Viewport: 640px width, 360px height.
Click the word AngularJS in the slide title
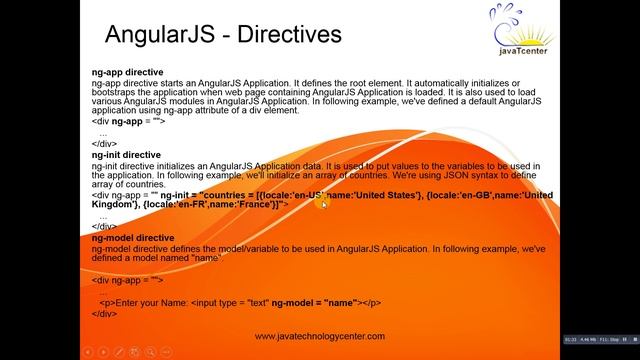tap(160, 35)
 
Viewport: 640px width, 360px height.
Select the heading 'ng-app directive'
tap(126, 73)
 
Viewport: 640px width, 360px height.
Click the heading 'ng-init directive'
tap(126, 155)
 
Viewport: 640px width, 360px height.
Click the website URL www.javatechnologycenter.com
tap(319, 337)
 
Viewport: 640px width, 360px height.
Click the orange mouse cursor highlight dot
tap(323, 204)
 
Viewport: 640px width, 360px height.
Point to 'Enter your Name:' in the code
tap(150, 302)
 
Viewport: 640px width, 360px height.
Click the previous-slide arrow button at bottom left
tap(87, 351)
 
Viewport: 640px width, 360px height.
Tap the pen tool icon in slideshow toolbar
tap(120, 351)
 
